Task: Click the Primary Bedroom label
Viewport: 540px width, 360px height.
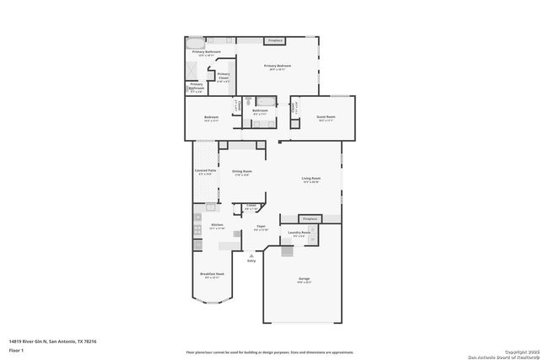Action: pyautogui.click(x=278, y=67)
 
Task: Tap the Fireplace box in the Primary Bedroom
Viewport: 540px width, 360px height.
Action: pyautogui.click(x=274, y=40)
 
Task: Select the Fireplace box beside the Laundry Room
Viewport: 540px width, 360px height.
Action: pyautogui.click(x=310, y=218)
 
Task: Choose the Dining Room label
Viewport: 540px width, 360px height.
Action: pyautogui.click(x=242, y=172)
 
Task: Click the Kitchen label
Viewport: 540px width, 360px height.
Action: pyautogui.click(x=217, y=226)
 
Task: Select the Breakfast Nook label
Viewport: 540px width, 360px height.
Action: pyautogui.click(x=212, y=275)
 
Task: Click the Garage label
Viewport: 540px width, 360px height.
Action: pyautogui.click(x=304, y=280)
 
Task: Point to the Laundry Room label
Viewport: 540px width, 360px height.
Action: pyautogui.click(x=300, y=233)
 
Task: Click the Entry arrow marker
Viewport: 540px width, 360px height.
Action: pyautogui.click(x=251, y=255)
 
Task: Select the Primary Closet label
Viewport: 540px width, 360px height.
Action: pyautogui.click(x=224, y=76)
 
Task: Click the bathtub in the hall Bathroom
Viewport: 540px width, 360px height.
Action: pyautogui.click(x=261, y=101)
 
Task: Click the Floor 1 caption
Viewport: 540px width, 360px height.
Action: pyautogui.click(x=16, y=349)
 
